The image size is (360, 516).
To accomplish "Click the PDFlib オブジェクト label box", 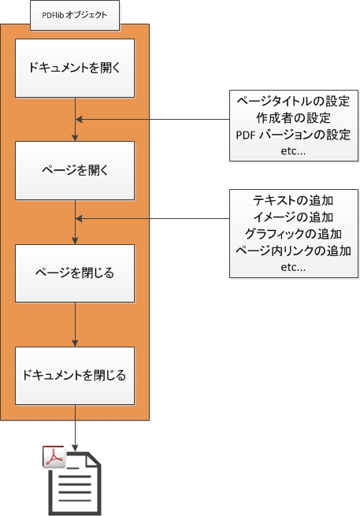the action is tap(75, 16).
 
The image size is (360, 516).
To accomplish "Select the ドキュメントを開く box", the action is tap(75, 68).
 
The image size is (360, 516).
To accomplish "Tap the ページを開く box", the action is tap(75, 170).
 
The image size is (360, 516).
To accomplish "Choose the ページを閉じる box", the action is tap(75, 273).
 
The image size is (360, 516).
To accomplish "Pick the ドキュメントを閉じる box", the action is tap(75, 376).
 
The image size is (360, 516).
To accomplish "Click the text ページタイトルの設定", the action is tap(293, 101).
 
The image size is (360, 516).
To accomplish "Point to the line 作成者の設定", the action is tap(294, 118).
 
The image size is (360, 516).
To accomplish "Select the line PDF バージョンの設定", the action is tap(293, 135).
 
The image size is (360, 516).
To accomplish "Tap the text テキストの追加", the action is tap(293, 200).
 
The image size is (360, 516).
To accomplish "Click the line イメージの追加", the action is tap(293, 217).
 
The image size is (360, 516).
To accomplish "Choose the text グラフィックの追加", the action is tap(293, 234).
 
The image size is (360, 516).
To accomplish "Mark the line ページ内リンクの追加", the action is tap(293, 251).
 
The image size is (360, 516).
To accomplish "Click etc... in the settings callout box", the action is tap(293, 151).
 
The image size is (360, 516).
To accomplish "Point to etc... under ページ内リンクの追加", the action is tap(293, 267).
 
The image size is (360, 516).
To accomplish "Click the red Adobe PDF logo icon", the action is tap(54, 456).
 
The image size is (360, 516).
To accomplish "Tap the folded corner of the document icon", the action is tap(94, 459).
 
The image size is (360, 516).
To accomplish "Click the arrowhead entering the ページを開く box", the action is tap(75, 138).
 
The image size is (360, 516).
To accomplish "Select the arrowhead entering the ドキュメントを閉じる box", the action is tap(75, 343).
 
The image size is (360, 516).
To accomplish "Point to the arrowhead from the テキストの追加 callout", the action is tap(79, 218).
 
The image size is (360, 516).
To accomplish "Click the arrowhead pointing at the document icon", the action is tap(75, 448).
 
